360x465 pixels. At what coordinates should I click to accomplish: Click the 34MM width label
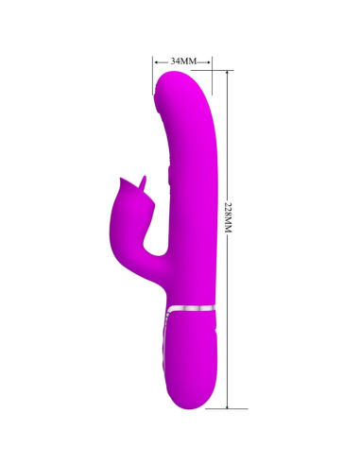182,60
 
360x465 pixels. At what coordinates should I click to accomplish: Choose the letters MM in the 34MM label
189,60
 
